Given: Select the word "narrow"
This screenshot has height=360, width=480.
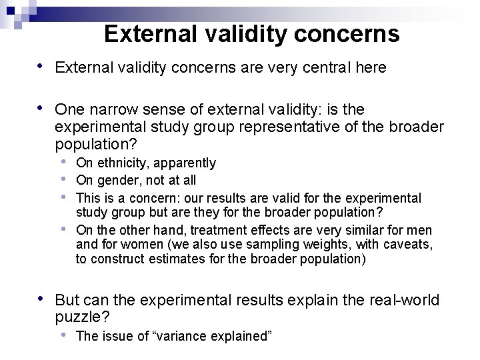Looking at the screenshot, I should click(x=109, y=109).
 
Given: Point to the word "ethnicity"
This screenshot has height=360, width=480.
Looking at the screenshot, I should click(x=126, y=163).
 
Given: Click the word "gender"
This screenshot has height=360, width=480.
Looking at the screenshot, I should click(x=117, y=181).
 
